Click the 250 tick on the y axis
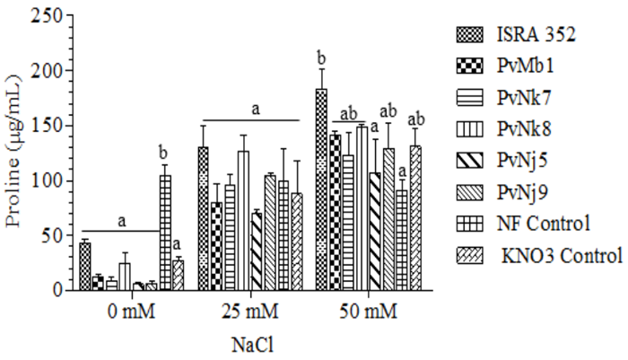click(43, 16)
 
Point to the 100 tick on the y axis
click(43, 180)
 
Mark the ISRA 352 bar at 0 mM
click(85, 266)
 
